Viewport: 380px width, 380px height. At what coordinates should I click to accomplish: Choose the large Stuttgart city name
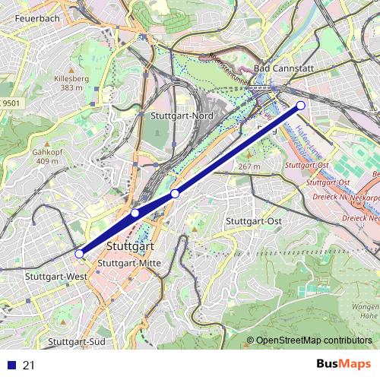pyautogui.click(x=131, y=247)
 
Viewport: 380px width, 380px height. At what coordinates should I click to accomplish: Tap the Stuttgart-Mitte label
pyautogui.click(x=128, y=263)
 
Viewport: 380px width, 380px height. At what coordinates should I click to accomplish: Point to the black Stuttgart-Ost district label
pyautogui.click(x=255, y=220)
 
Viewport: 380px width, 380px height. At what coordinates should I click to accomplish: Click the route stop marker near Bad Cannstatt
pyautogui.click(x=301, y=106)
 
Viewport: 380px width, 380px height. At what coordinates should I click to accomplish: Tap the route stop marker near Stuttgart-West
pyautogui.click(x=80, y=253)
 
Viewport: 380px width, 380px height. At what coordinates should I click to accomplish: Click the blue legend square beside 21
pyautogui.click(x=11, y=366)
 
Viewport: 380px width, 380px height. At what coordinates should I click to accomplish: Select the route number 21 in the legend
pyautogui.click(x=30, y=366)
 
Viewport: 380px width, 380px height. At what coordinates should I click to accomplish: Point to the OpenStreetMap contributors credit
pyautogui.click(x=314, y=340)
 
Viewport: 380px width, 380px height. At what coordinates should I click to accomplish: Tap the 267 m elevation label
pyautogui.click(x=249, y=166)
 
